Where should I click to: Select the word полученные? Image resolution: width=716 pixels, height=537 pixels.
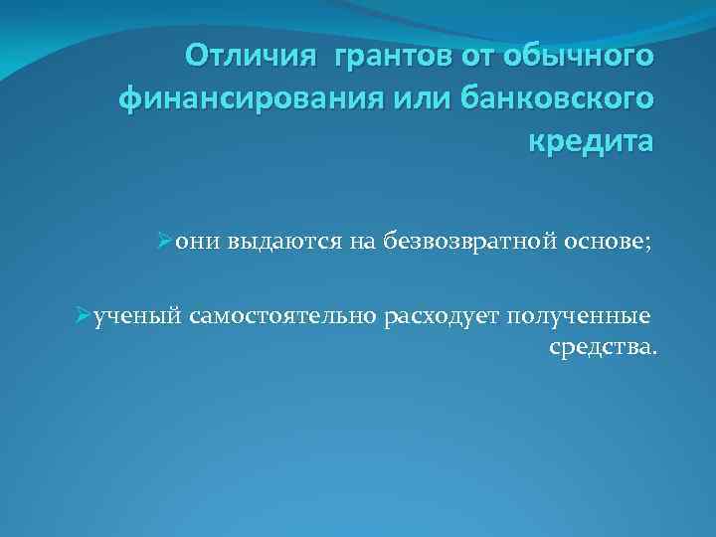[579, 317]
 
